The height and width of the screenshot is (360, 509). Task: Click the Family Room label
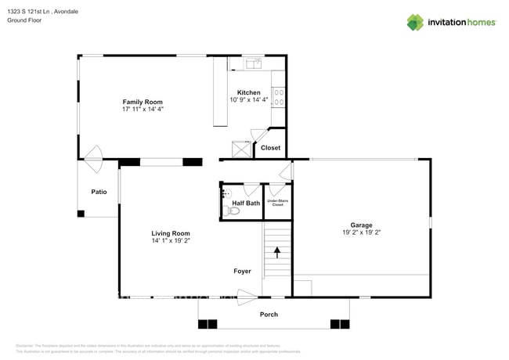[142, 102]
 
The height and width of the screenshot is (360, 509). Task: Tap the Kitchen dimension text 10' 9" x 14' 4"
[249, 100]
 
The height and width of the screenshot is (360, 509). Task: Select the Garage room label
[361, 225]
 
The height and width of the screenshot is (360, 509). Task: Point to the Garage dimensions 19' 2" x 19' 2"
[361, 232]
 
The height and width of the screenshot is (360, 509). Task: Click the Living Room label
[171, 232]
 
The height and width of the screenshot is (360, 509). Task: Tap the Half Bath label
[246, 203]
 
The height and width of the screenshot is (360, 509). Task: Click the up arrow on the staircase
[276, 252]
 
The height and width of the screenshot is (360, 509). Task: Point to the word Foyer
[243, 272]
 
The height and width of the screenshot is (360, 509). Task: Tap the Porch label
[269, 315]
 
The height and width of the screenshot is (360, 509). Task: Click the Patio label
[99, 191]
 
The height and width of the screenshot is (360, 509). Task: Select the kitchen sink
[252, 63]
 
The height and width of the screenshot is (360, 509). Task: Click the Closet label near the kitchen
[270, 147]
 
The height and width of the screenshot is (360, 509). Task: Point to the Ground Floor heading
[24, 20]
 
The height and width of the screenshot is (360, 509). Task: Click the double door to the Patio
[93, 155]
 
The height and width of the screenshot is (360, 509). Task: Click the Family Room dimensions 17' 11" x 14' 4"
[142, 110]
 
